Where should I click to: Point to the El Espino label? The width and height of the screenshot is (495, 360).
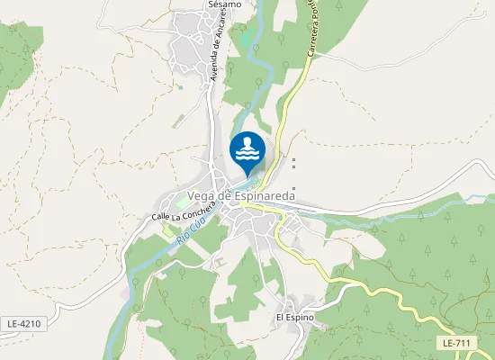(294, 318)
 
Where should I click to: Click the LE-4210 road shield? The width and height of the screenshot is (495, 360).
(24, 323)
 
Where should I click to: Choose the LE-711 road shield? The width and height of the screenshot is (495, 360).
(457, 343)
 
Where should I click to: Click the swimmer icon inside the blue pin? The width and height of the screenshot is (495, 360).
(247, 149)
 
